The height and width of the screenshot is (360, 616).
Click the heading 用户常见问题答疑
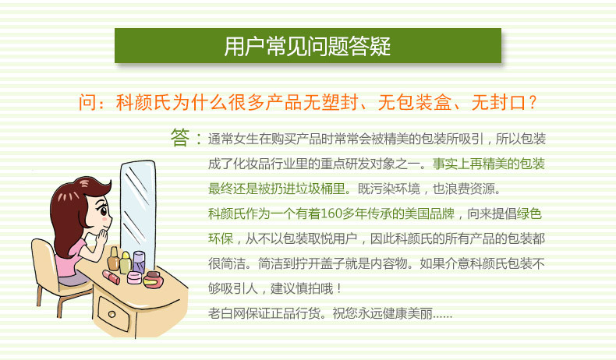tap(307, 46)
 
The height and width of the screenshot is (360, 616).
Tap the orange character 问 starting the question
tap(87, 102)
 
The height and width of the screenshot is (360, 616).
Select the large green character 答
tap(180, 137)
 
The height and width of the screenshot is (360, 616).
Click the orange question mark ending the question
tap(533, 102)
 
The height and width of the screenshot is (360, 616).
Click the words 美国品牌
tap(430, 214)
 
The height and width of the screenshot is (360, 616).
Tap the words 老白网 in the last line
tap(227, 314)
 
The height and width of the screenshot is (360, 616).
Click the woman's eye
tap(104, 211)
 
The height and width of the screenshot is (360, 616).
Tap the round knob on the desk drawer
tap(112, 314)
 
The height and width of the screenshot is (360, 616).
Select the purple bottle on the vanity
tap(139, 262)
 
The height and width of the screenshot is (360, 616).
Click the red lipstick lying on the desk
tap(112, 277)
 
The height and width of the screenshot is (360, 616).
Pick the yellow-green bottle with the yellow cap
tap(125, 263)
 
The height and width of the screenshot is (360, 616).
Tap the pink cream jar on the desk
tap(134, 277)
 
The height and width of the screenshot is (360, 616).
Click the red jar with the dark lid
tap(153, 280)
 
